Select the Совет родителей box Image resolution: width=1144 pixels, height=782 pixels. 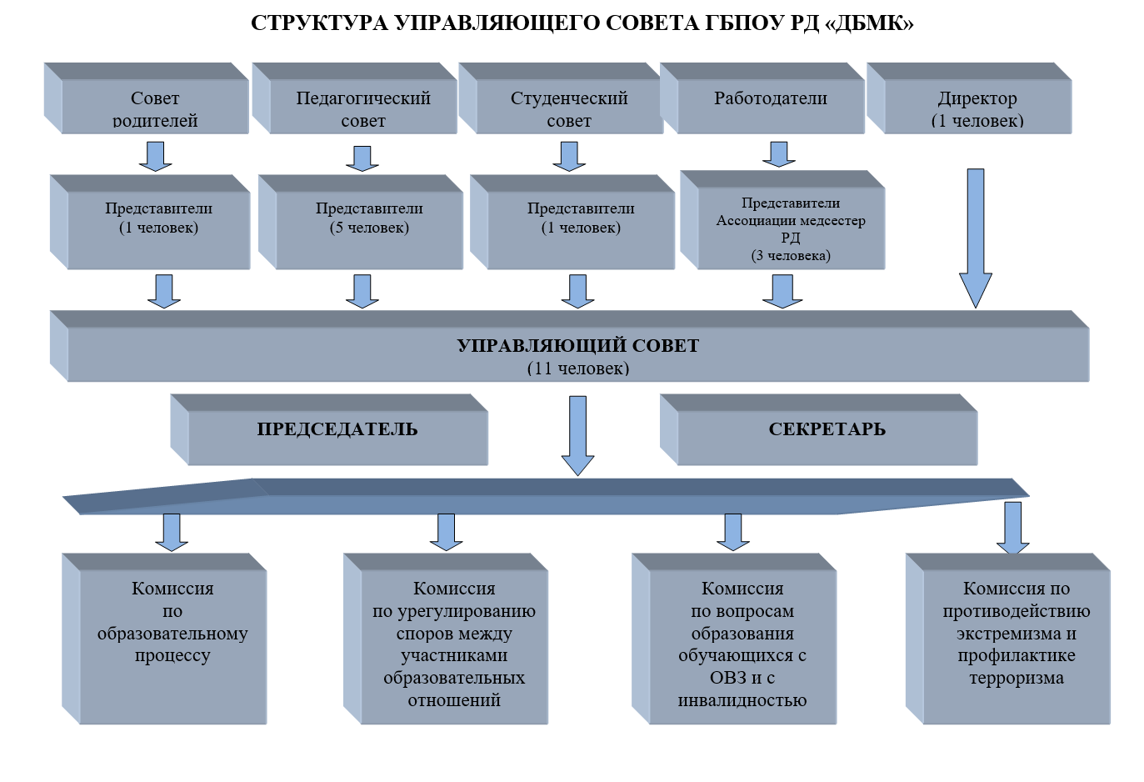pyautogui.click(x=147, y=98)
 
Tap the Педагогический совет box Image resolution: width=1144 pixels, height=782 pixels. pyautogui.click(x=354, y=98)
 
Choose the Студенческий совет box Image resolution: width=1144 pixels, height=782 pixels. pyautogui.click(x=561, y=98)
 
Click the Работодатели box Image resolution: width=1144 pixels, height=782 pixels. pyautogui.click(x=762, y=98)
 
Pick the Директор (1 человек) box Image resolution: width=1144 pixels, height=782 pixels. pyautogui.click(x=969, y=98)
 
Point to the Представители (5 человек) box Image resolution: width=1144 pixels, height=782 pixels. pyautogui.click(x=361, y=222)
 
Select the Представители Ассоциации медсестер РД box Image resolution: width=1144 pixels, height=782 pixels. pyautogui.click(x=782, y=220)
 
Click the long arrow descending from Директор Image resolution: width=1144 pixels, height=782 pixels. pyautogui.click(x=976, y=238)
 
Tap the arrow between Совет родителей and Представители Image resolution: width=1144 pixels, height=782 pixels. pyautogui.click(x=155, y=156)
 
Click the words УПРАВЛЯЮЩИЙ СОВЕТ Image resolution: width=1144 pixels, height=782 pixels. pyautogui.click(x=578, y=346)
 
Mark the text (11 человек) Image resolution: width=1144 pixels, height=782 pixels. pyautogui.click(x=578, y=368)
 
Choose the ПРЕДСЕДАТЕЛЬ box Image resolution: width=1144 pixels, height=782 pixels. pyautogui.click(x=329, y=429)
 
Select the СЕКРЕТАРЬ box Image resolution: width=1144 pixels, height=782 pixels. pyautogui.click(x=819, y=429)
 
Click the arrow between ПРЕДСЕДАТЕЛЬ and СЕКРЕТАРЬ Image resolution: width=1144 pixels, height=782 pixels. pyautogui.click(x=577, y=436)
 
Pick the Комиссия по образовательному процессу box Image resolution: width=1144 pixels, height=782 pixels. pyautogui.click(x=164, y=639)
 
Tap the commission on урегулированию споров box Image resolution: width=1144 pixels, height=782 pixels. pyautogui.click(x=446, y=639)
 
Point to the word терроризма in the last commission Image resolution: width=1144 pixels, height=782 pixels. pyautogui.click(x=1017, y=679)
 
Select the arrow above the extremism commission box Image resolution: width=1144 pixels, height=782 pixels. pyautogui.click(x=1012, y=528)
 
